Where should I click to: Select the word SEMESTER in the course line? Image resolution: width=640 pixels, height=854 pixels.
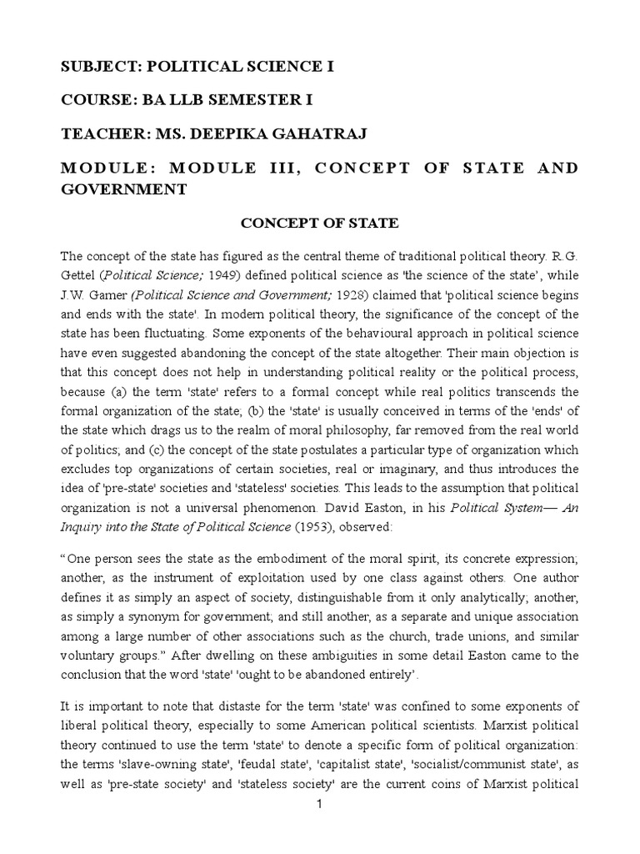coord(247,101)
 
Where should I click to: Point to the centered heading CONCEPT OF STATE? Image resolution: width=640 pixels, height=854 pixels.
coord(319,224)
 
